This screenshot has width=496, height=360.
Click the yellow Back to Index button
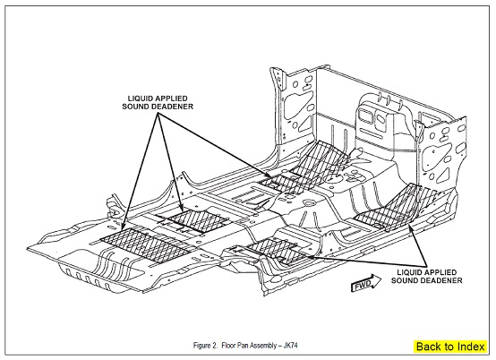coord(450,347)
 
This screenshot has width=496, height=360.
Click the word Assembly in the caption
coord(259,346)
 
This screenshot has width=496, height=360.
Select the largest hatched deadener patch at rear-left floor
coord(146,244)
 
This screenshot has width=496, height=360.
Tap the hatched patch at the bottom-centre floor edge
coord(276,251)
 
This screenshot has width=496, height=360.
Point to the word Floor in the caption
coord(227,345)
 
